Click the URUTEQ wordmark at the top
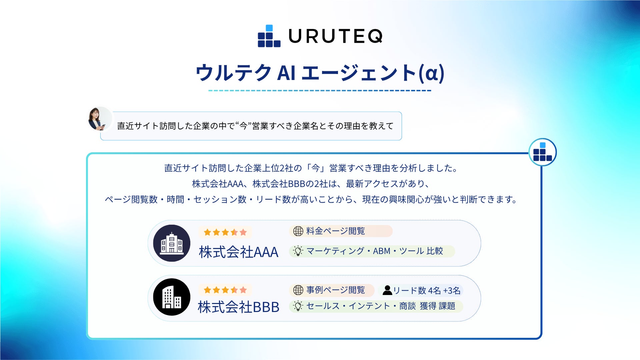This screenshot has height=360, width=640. click(335, 36)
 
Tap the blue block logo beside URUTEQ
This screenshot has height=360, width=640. click(269, 36)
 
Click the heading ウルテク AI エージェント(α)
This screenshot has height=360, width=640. click(320, 73)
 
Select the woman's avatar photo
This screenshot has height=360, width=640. click(99, 119)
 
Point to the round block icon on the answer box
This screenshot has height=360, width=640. click(542, 152)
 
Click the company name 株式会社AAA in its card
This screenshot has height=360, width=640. click(238, 252)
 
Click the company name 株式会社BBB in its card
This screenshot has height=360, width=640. click(238, 307)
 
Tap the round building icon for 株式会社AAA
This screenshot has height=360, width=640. click(172, 243)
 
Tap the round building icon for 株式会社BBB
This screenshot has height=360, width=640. click(172, 297)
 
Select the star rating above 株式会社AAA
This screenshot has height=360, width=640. click(225, 232)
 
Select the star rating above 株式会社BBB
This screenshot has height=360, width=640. click(225, 290)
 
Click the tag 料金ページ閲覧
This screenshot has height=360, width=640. click(341, 231)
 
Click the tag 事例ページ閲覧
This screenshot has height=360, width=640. click(332, 290)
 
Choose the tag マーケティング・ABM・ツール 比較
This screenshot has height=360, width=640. click(372, 251)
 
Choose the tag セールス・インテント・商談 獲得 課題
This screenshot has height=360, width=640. click(376, 306)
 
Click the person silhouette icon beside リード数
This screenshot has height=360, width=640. click(387, 290)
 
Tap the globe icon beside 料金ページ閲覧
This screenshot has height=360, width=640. click(298, 231)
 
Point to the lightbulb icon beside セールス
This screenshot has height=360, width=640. click(298, 306)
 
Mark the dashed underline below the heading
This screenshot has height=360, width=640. click(320, 90)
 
